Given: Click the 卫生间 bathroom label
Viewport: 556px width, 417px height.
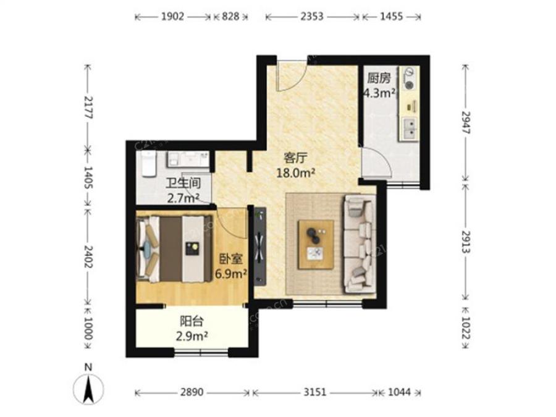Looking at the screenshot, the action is [x=183, y=183].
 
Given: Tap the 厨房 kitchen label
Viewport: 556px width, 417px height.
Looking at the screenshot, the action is [x=378, y=78].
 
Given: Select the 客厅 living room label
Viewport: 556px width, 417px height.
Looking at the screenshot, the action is [x=296, y=158].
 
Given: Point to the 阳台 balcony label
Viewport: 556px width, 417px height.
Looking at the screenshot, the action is [x=192, y=321].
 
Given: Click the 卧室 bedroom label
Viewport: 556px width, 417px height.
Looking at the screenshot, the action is [x=231, y=259].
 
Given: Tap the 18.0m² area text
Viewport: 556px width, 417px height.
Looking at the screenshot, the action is [x=296, y=173].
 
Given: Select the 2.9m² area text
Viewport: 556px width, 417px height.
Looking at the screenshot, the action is [x=192, y=336].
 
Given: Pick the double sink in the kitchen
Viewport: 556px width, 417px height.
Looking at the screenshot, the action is [x=411, y=128].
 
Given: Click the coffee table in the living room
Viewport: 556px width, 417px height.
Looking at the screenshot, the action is [x=316, y=245].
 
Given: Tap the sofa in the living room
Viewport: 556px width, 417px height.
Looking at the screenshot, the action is [x=358, y=244].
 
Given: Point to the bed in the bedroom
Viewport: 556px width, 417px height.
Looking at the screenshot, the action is [x=174, y=249].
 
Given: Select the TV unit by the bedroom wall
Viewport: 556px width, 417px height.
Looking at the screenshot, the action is [x=260, y=246].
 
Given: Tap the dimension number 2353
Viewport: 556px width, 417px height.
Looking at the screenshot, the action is [x=312, y=17].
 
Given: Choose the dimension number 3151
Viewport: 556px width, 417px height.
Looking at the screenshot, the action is [x=315, y=392].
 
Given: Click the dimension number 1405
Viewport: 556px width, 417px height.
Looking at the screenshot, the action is [x=88, y=177].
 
